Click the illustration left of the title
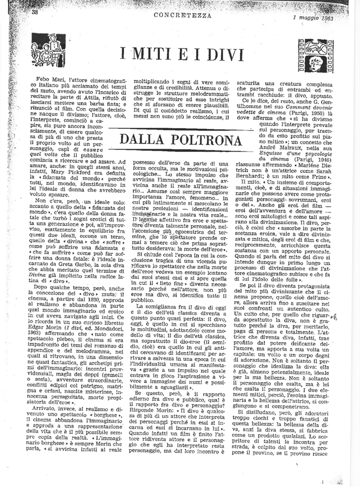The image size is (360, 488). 48,51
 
